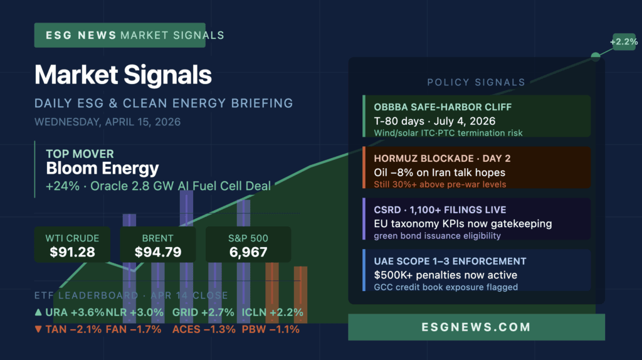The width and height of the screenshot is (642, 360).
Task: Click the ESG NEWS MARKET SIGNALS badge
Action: pyautogui.click(x=129, y=36)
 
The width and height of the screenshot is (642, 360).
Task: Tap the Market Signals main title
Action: pyautogui.click(x=123, y=75)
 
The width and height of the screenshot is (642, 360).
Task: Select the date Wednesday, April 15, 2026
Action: pyautogui.click(x=107, y=122)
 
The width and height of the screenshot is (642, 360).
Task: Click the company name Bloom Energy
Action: pyautogui.click(x=102, y=168)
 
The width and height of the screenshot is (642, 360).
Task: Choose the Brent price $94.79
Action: pyautogui.click(x=157, y=252)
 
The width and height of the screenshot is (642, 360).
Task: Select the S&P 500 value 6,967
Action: pyautogui.click(x=249, y=252)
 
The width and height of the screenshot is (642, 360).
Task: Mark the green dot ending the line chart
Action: pyautogui.click(x=596, y=56)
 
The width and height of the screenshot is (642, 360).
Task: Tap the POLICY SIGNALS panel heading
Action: pyautogui.click(x=476, y=82)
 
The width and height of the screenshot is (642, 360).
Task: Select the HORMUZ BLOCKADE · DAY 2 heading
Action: pyautogui.click(x=433, y=159)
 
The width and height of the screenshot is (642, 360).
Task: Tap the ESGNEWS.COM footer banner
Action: pyautogui.click(x=476, y=327)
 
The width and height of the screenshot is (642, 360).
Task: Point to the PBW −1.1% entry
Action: pyautogui.click(x=270, y=329)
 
